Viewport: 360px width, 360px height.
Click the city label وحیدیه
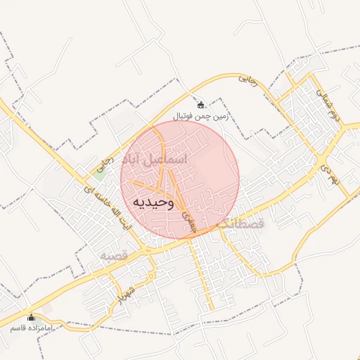pos(152,202)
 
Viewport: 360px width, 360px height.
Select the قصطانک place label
pos(240,224)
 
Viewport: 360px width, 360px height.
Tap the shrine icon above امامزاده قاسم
pos(31,317)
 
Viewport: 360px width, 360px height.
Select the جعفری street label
pos(187,221)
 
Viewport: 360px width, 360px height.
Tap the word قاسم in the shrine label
pos(17,328)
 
